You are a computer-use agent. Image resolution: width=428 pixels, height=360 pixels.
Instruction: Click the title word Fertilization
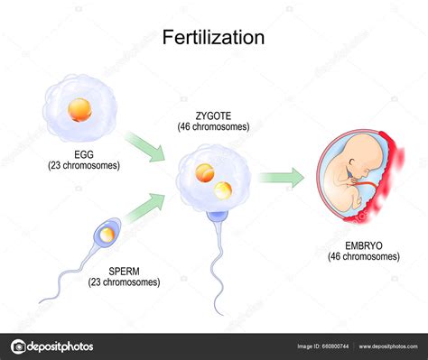click(213, 38)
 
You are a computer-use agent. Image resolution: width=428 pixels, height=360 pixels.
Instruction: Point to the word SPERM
click(124, 271)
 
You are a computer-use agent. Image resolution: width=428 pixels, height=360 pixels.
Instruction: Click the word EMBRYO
click(364, 245)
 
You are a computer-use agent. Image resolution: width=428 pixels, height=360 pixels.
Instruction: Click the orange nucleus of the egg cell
click(79, 108)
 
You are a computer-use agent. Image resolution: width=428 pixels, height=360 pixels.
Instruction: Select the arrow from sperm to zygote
click(147, 209)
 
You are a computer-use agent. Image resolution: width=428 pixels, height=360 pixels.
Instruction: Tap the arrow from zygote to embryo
click(281, 177)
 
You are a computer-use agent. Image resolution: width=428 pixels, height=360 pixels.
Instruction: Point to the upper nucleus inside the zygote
click(205, 171)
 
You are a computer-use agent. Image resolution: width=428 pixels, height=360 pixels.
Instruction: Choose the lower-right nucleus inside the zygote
click(222, 189)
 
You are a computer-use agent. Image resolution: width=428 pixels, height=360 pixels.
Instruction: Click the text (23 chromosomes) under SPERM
click(124, 282)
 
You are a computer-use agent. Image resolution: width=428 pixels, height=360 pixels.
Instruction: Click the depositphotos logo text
click(58, 346)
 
